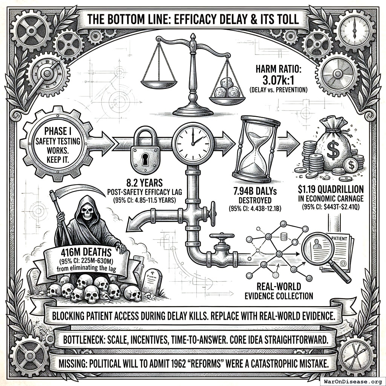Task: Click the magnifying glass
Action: (x=321, y=250)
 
